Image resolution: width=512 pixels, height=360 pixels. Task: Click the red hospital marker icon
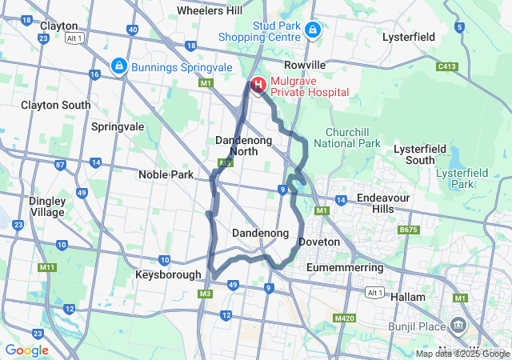point(258,84)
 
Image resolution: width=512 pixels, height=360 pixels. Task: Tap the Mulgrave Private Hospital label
point(310,86)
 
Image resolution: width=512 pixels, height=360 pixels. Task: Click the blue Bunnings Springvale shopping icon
point(118,65)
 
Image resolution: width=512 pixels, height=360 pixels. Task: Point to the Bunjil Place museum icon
point(458,325)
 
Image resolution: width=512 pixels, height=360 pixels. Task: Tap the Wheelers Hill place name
point(210,10)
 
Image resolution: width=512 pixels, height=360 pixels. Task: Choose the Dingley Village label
point(47,206)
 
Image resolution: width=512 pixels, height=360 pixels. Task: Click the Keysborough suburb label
point(168,274)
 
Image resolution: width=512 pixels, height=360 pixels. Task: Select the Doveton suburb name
point(318,242)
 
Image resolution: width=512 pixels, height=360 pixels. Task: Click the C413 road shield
point(447,66)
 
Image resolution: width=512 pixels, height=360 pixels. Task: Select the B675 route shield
point(409,230)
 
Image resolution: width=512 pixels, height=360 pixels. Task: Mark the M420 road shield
point(345,318)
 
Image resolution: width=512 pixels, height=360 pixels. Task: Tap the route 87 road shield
point(60,166)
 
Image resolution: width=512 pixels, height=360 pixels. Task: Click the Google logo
point(27,350)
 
